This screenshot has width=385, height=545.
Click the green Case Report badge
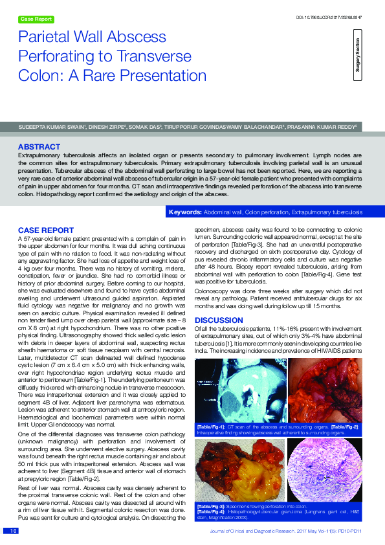37,19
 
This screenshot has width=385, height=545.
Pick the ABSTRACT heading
39,148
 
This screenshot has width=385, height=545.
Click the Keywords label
185,212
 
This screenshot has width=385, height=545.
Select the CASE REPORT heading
45,230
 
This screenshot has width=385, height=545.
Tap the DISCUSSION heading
219,320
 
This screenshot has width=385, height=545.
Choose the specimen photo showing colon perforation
239,466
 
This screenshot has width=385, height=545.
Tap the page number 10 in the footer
12,531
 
